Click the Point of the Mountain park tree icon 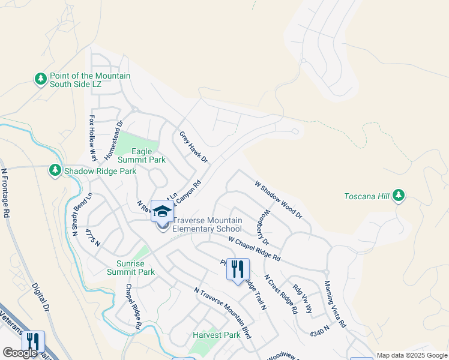(x=40, y=79)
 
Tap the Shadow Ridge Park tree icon (x=55, y=171)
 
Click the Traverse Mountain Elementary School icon (x=162, y=211)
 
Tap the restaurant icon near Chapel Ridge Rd (x=238, y=270)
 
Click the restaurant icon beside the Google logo (x=32, y=343)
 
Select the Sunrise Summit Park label (x=135, y=268)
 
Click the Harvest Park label (x=216, y=335)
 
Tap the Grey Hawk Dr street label (x=193, y=147)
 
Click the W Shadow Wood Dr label (x=279, y=199)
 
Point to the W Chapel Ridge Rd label (x=254, y=248)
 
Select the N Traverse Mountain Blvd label (x=222, y=313)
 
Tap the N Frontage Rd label (x=6, y=192)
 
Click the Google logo (x=20, y=353)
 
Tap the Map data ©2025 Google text (x=411, y=355)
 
